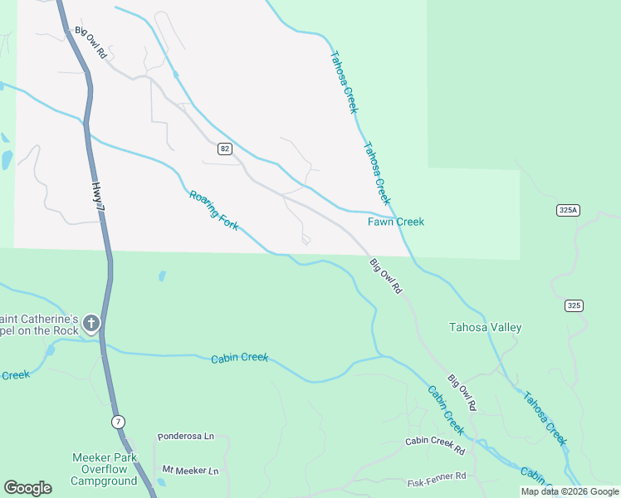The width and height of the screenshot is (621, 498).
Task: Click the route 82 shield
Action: tap(225, 149)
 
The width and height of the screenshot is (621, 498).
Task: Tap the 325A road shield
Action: tap(568, 210)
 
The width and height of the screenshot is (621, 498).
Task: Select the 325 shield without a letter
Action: tap(574, 305)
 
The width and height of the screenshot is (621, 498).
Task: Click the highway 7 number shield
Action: tap(119, 422)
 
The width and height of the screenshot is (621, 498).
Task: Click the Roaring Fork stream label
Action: tap(214, 210)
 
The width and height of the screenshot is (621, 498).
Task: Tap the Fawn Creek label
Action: tap(396, 222)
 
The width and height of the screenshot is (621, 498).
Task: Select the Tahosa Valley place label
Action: tap(485, 327)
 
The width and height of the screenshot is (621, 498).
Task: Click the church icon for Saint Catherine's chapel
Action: tap(91, 323)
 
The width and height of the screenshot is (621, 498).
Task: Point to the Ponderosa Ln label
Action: tap(185, 436)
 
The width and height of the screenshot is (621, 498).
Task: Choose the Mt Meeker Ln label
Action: tap(190, 471)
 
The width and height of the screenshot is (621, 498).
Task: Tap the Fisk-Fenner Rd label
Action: tap(437, 481)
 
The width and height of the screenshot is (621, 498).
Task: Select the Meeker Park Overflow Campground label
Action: tap(104, 469)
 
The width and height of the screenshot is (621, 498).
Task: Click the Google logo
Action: tap(27, 488)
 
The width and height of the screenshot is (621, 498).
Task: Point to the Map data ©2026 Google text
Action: tap(570, 491)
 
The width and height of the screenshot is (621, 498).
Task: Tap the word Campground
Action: tap(104, 481)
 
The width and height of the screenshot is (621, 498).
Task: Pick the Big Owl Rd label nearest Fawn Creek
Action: tap(385, 276)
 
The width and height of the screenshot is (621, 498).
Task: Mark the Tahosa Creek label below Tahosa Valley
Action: tap(545, 417)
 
